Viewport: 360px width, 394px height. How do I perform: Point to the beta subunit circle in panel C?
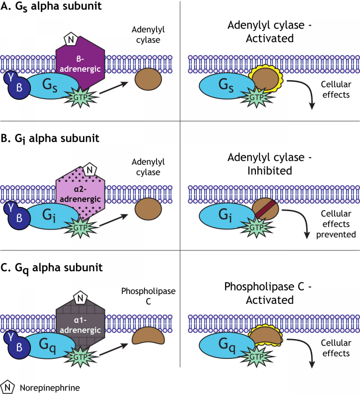[18, 348]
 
